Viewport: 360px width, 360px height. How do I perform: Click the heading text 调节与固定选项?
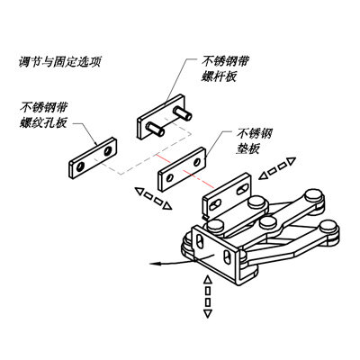click(x=59, y=62)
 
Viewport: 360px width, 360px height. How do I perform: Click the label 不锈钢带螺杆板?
click(x=225, y=69)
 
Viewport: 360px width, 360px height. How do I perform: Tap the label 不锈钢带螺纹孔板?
click(x=44, y=115)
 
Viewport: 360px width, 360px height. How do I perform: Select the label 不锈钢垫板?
click(x=255, y=140)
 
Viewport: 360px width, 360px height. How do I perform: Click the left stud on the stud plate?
click(x=155, y=129)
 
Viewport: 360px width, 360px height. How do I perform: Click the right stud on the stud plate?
click(x=183, y=113)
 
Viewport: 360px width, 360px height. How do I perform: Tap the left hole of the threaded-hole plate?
click(x=80, y=167)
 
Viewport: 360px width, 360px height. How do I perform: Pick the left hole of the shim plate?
click(x=170, y=178)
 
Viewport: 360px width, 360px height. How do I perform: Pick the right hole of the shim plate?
click(x=197, y=162)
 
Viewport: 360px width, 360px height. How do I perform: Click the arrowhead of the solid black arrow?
click(x=154, y=264)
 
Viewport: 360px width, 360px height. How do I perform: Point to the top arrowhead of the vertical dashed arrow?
click(x=207, y=280)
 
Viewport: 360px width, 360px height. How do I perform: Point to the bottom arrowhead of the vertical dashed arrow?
click(x=207, y=314)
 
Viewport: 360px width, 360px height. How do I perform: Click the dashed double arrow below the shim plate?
click(x=153, y=198)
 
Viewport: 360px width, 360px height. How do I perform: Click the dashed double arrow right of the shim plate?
click(x=277, y=168)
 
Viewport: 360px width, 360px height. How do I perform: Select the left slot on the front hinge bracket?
click(x=200, y=241)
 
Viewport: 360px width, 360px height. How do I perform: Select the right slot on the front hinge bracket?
click(x=227, y=257)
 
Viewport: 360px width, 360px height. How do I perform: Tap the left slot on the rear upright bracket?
click(x=215, y=204)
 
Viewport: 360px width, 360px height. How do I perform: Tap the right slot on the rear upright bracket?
click(x=242, y=190)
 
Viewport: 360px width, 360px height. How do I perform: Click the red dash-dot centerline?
click(x=184, y=171)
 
